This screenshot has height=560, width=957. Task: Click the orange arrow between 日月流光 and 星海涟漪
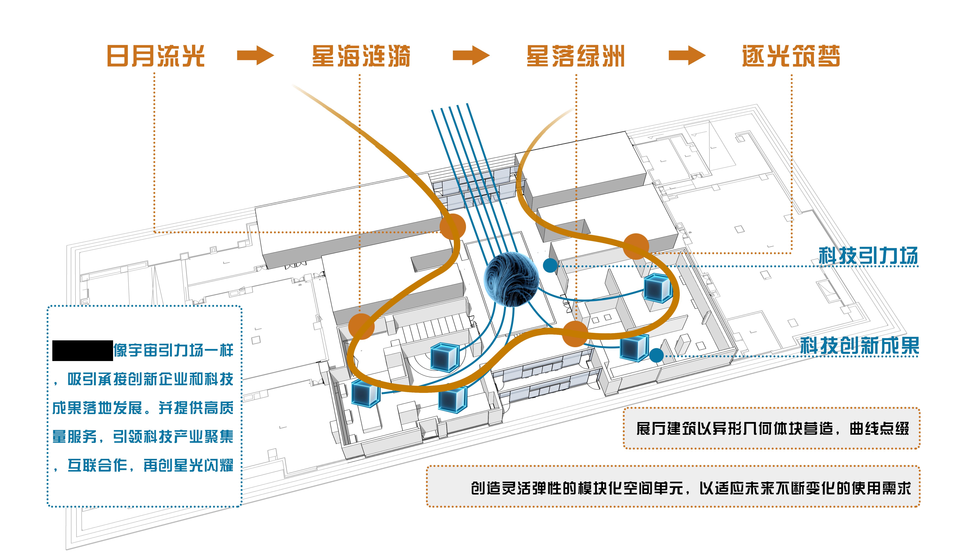pyautogui.click(x=255, y=55)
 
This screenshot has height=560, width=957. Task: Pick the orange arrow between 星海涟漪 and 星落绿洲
pyautogui.click(x=471, y=55)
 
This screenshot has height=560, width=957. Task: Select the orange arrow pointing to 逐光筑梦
pyautogui.click(x=687, y=55)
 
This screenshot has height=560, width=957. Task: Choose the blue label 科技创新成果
pyautogui.click(x=859, y=346)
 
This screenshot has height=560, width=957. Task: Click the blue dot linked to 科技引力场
pyautogui.click(x=550, y=265)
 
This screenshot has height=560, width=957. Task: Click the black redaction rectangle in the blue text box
pyautogui.click(x=82, y=350)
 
